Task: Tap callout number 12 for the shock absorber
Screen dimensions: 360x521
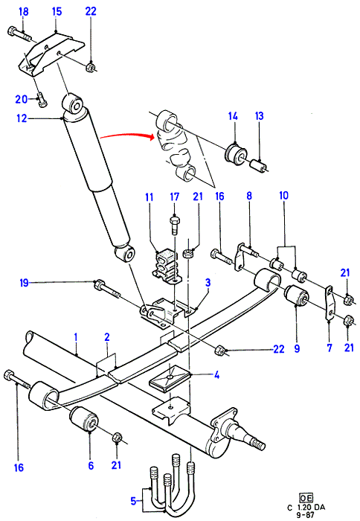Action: tap(22, 118)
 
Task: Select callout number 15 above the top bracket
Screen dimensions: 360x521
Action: tap(57, 12)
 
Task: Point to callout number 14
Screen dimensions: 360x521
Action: tap(233, 116)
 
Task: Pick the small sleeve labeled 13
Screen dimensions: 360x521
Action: tap(259, 165)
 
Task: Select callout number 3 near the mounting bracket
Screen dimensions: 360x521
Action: tap(208, 283)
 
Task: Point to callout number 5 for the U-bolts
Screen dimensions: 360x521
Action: tap(133, 501)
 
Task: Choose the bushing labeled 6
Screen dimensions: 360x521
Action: tap(84, 420)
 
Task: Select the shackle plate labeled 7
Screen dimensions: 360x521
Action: tap(330, 304)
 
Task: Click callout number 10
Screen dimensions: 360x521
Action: tap(284, 195)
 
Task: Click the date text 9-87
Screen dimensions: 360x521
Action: tap(306, 515)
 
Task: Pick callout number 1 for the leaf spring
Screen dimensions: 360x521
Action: tap(76, 337)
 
